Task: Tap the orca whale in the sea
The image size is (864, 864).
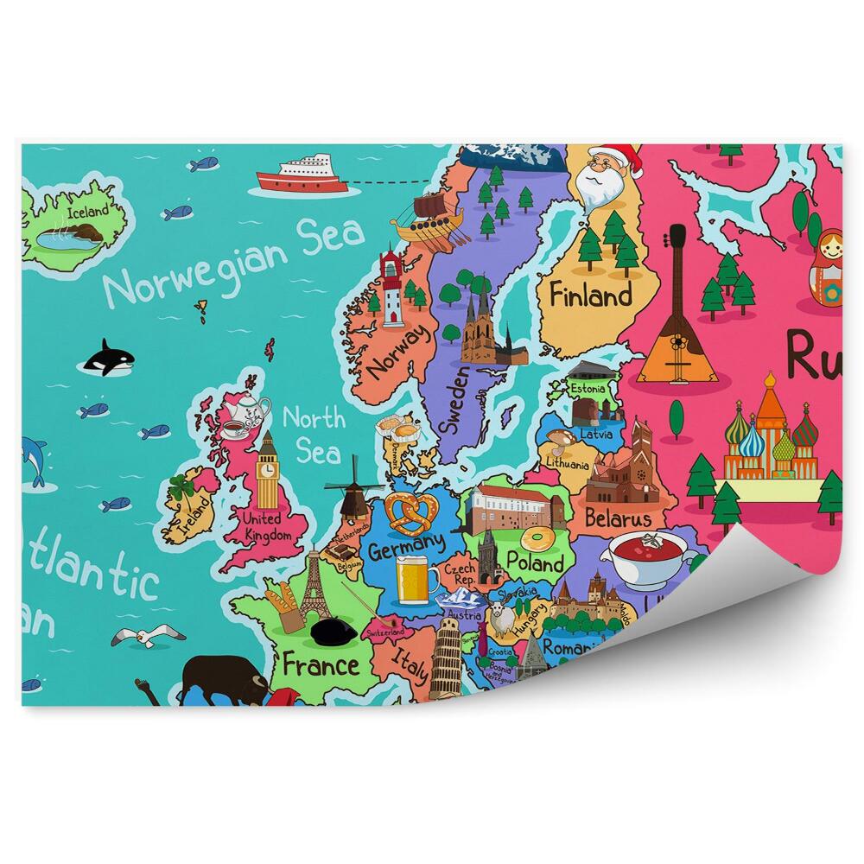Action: (x=108, y=359)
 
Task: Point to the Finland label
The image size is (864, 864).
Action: (x=591, y=296)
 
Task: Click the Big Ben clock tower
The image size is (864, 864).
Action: (x=269, y=473)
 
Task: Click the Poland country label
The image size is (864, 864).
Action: (x=536, y=562)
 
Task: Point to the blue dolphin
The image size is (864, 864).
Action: (x=34, y=459)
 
